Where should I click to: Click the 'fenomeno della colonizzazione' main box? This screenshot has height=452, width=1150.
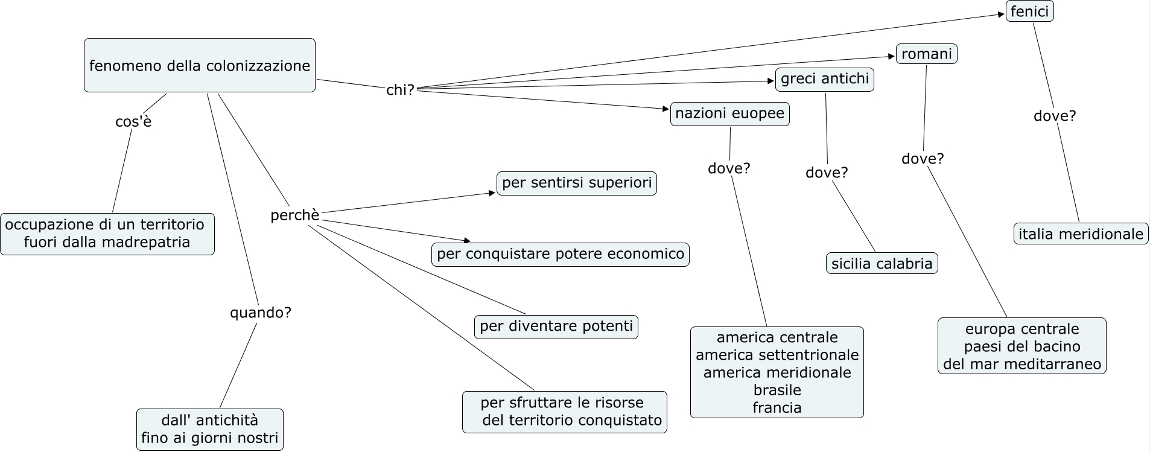[199, 65]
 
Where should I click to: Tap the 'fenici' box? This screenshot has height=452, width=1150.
[1029, 11]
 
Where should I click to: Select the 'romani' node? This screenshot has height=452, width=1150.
[926, 54]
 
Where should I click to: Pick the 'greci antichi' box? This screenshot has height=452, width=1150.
[824, 79]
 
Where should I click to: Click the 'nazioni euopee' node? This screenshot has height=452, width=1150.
[729, 113]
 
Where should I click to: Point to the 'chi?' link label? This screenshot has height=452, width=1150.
[401, 90]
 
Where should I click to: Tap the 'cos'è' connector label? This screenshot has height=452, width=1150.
[133, 122]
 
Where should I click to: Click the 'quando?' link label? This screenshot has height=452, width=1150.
[261, 313]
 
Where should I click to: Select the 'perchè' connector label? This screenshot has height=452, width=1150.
[294, 215]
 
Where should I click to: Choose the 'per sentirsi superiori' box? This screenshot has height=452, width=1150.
[576, 183]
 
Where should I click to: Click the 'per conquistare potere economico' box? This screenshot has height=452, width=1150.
[560, 254]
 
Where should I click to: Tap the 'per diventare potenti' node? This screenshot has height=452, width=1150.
[556, 326]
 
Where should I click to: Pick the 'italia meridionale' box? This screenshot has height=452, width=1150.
[1081, 234]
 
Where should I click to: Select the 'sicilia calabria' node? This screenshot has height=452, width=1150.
[882, 263]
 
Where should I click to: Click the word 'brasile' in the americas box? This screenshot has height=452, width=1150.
[777, 390]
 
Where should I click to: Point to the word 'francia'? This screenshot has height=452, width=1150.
[777, 407]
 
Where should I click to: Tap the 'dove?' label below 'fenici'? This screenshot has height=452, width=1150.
[1055, 116]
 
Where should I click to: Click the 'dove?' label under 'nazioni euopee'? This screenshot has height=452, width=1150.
[729, 168]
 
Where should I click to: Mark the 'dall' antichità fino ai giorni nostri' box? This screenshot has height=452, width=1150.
[210, 429]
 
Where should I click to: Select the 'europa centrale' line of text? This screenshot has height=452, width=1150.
[1022, 329]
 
